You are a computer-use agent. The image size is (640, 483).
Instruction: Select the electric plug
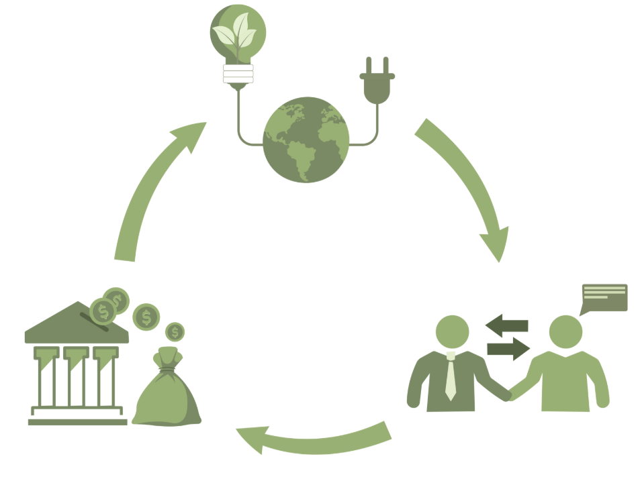(x=376, y=83)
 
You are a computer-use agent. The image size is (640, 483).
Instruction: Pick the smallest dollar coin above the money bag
(x=175, y=331)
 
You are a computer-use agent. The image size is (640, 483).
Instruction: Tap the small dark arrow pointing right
(x=508, y=348)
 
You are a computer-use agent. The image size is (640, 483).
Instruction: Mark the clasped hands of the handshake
(x=510, y=393)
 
